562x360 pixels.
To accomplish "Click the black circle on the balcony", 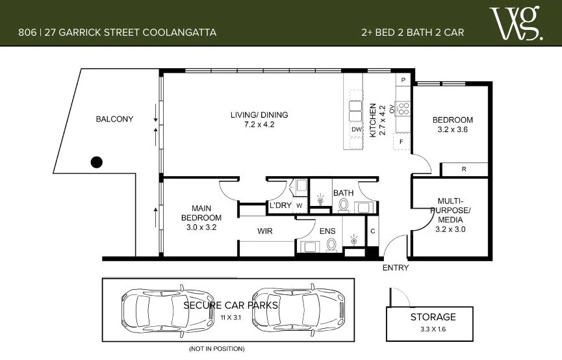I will pos(97,162).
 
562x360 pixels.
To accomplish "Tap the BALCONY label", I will pos(114,119).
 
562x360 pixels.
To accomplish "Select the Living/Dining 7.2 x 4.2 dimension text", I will pos(259,125).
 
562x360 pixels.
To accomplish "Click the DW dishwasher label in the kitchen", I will pos(356,130).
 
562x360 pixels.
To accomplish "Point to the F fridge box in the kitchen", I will pos(402,141).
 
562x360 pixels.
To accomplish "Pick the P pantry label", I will pos(403,80).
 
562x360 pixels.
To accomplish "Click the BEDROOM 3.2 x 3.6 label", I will pos(453,124).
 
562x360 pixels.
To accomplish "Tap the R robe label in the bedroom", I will pos(463,170).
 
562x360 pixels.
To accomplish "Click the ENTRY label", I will pos(395,268).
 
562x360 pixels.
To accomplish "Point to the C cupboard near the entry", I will pos(373,231).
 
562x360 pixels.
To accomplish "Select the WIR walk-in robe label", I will pos(264,231).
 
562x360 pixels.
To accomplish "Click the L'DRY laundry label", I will pos(281,206).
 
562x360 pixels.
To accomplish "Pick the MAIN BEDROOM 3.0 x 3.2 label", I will pos(201,218).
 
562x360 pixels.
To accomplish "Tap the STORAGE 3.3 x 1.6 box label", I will pos(432,322).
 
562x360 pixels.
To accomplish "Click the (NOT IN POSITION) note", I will pos(216,350).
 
